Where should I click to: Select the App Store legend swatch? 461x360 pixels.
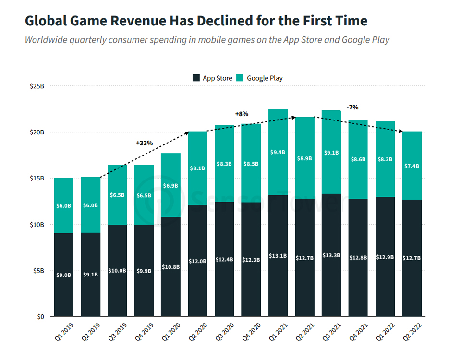click(x=196, y=78)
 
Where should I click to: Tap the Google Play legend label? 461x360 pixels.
click(x=265, y=78)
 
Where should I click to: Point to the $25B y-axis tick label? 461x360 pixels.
click(x=37, y=86)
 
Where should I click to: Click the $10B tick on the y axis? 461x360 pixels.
click(x=37, y=225)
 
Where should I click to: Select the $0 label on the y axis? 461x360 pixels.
click(x=40, y=316)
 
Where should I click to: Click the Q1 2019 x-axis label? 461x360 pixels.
click(x=64, y=332)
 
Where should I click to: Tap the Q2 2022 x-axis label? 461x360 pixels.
click(x=412, y=332)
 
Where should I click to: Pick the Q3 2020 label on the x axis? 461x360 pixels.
click(x=224, y=332)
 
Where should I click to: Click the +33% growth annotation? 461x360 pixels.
click(x=145, y=143)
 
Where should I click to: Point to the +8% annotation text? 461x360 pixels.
click(x=242, y=114)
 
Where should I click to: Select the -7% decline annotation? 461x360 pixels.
click(x=352, y=107)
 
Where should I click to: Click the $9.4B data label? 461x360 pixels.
click(x=278, y=152)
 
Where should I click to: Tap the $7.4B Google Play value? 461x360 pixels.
click(x=412, y=166)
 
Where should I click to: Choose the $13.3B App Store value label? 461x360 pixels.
click(x=331, y=255)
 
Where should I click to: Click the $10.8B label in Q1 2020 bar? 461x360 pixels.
click(x=170, y=267)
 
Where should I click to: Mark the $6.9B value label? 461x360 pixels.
click(x=170, y=186)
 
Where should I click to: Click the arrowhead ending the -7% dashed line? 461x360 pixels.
click(x=400, y=131)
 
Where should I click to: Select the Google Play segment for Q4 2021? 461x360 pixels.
click(x=358, y=159)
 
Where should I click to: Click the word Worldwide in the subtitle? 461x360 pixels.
click(x=46, y=40)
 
